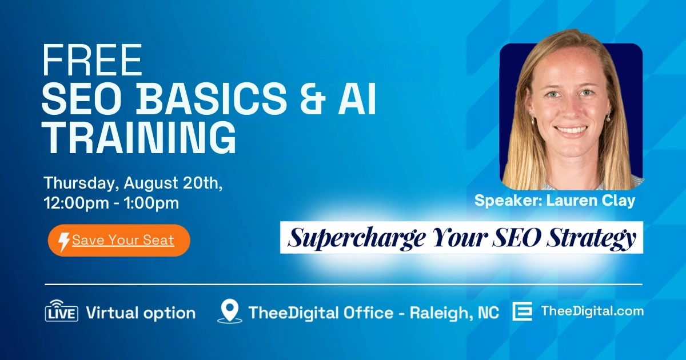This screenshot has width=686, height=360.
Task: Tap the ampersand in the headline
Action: pyautogui.click(x=313, y=98)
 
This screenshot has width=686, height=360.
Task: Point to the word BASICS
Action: pyautogui.click(x=213, y=98)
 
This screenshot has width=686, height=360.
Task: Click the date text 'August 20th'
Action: pyautogui.click(x=173, y=183)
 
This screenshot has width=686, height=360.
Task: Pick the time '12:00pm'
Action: pyautogui.click(x=76, y=203)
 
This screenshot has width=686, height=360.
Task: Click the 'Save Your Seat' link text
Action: pyautogui.click(x=123, y=240)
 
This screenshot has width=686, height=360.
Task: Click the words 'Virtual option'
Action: pyautogui.click(x=141, y=313)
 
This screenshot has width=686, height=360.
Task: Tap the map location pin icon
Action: pyautogui.click(x=230, y=311)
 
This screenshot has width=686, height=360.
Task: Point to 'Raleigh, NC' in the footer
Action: pyautogui.click(x=454, y=313)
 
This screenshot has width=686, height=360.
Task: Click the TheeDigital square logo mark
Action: pyautogui.click(x=523, y=311)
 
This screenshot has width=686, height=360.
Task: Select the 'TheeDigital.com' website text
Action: pyautogui.click(x=592, y=311)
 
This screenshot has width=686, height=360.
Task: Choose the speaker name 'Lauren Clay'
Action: pyautogui.click(x=591, y=201)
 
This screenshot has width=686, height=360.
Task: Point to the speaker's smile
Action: pyautogui.click(x=571, y=130)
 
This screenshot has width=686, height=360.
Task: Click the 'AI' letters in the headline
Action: pyautogui.click(x=357, y=98)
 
